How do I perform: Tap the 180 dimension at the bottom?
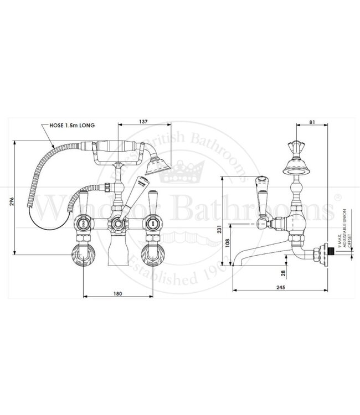(x=116, y=293)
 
